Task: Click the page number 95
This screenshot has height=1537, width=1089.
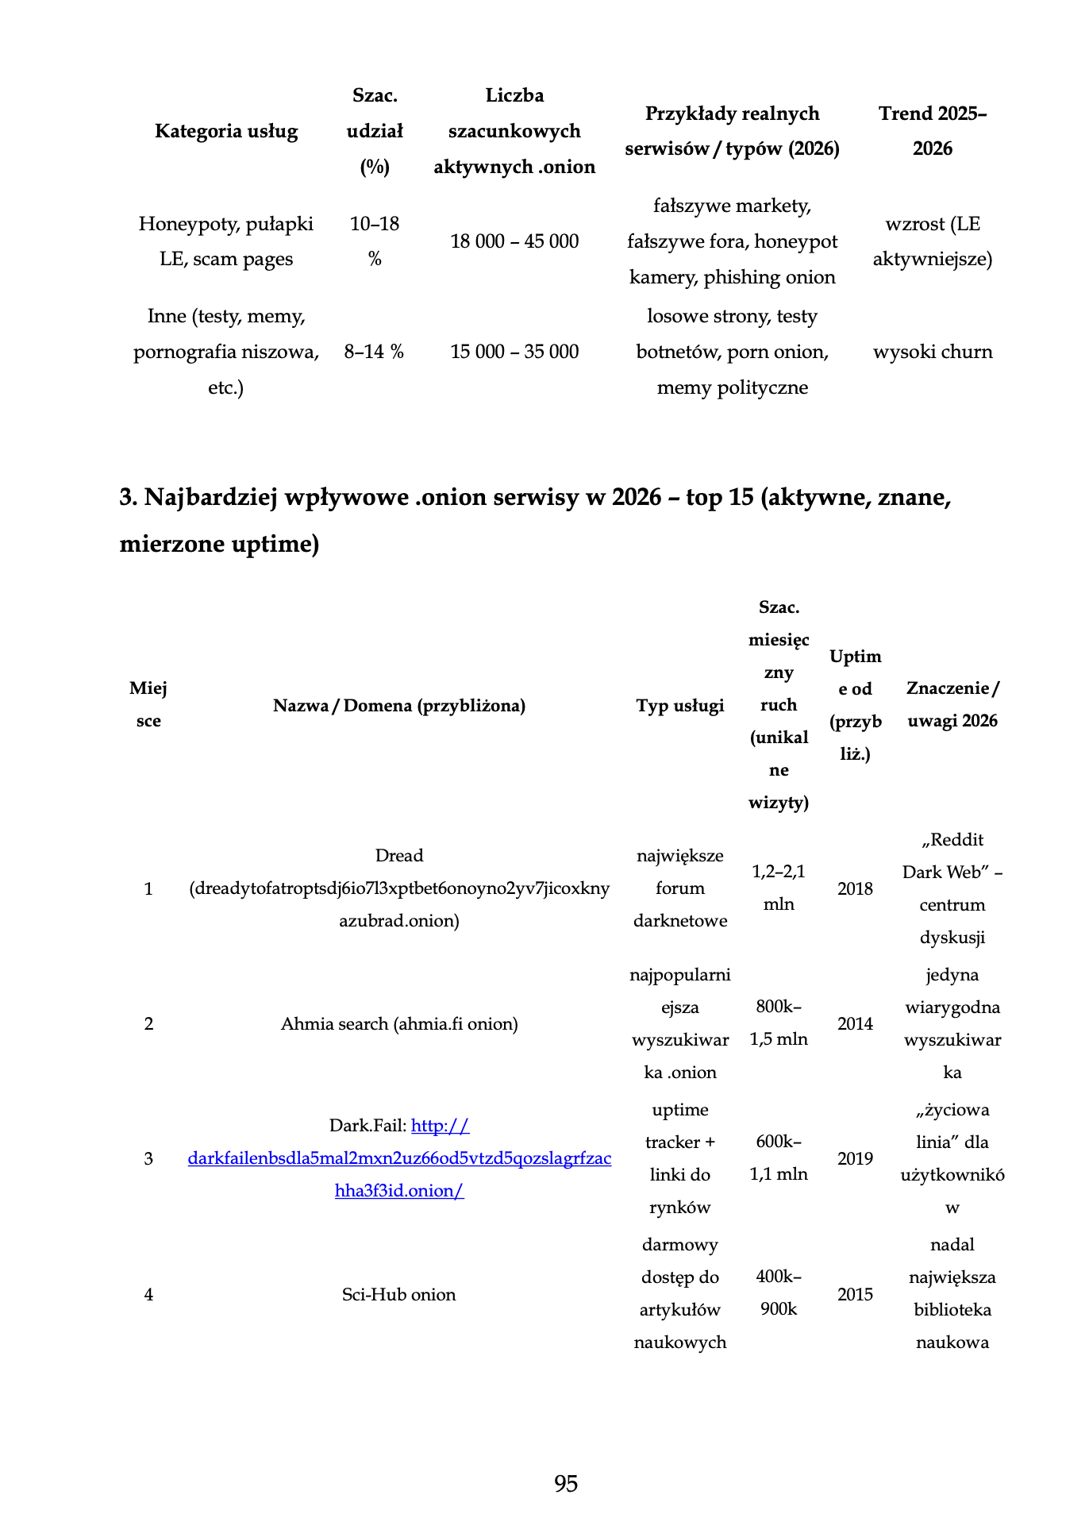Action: coord(566,1483)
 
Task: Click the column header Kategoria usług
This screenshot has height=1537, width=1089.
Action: coord(226,131)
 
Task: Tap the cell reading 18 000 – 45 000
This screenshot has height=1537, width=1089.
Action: coord(514,241)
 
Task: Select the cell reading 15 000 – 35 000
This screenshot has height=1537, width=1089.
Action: coord(514,352)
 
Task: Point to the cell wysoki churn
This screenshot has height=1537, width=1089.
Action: coord(933,352)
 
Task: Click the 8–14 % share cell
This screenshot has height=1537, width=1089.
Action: coord(374,352)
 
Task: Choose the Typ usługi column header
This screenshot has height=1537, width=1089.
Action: coord(680,705)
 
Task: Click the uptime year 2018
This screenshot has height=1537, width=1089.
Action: coord(855,888)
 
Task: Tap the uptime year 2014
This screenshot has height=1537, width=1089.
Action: coord(855,1023)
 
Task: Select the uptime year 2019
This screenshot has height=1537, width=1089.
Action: coord(855,1158)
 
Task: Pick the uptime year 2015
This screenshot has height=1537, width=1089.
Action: coord(855,1294)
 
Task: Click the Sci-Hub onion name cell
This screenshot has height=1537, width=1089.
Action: coord(398,1294)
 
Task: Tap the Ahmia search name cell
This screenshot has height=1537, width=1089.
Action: coord(398,1023)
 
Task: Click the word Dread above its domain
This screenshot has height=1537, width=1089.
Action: coord(398,855)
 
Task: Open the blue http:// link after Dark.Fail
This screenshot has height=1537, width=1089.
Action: coord(441,1125)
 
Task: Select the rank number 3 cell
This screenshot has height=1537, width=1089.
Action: coord(148,1158)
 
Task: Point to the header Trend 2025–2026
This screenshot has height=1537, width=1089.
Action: coord(933,131)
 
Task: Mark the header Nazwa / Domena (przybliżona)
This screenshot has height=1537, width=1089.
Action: coord(398,705)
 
